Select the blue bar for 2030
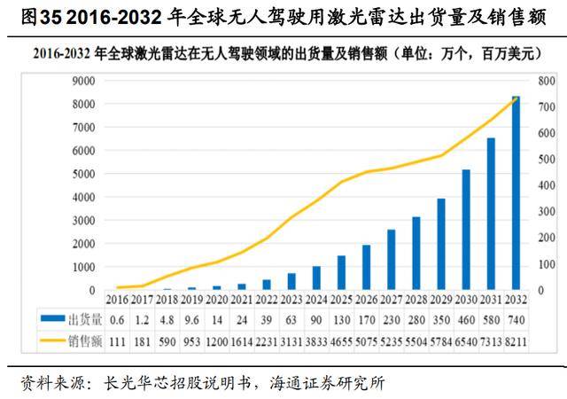tap(466, 230)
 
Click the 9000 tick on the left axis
tap(82, 81)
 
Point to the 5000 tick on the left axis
tap(82, 174)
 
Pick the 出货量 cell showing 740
tap(516, 318)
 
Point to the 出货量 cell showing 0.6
tap(116, 318)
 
